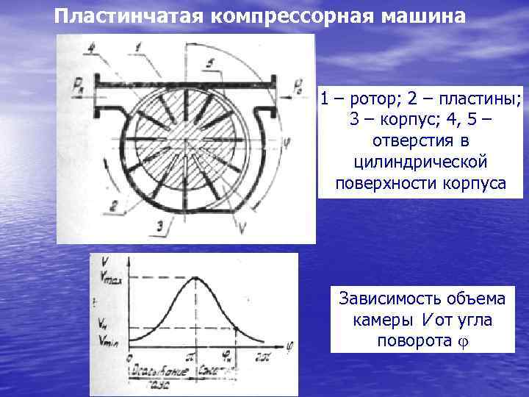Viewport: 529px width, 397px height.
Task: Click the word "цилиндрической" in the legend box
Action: [x=420, y=162]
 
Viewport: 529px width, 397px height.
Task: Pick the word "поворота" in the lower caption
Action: [x=408, y=341]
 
